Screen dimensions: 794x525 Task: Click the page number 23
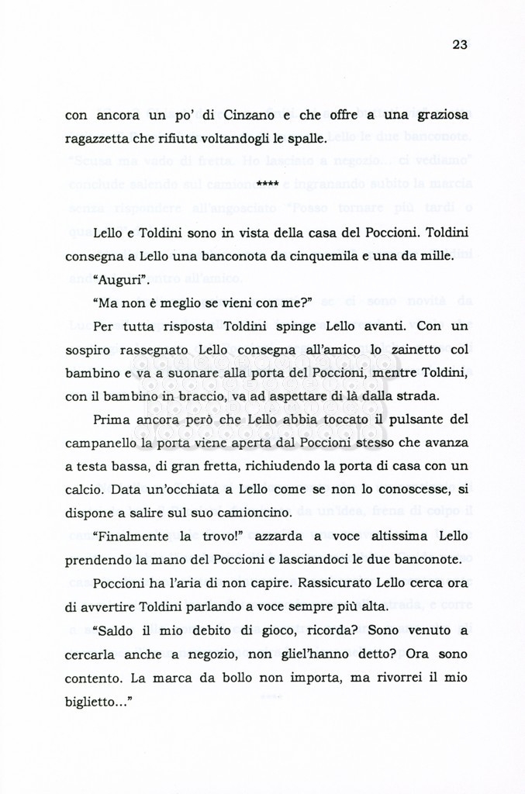[x=459, y=44]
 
